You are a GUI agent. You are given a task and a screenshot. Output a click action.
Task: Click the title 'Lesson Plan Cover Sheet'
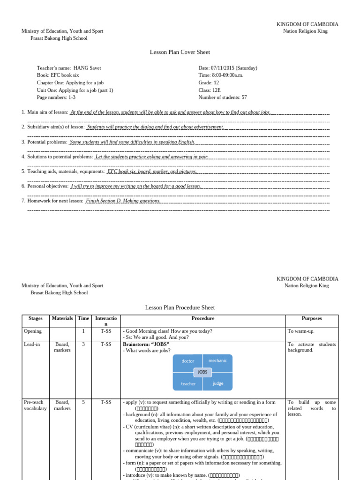[180, 52]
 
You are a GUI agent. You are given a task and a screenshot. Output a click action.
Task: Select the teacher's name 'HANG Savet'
[87, 68]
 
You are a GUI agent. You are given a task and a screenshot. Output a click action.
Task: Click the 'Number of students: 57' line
[223, 97]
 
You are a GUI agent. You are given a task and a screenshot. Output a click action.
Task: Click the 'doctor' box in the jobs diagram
[187, 361]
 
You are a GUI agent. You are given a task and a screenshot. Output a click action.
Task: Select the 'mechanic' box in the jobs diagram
[217, 360]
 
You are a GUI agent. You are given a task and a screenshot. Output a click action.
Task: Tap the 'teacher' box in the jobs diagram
[188, 384]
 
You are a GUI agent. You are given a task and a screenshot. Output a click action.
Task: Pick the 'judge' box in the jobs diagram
[218, 383]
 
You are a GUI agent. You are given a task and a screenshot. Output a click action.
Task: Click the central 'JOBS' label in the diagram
[202, 372]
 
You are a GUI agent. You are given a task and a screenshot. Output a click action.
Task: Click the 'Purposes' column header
[312, 318]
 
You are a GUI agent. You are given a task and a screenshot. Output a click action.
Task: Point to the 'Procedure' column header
[203, 318]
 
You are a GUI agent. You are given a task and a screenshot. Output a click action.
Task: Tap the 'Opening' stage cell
[33, 331]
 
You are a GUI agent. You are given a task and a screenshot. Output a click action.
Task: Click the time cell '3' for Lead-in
[83, 344]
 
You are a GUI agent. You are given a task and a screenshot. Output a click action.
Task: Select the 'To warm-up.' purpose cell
[301, 331]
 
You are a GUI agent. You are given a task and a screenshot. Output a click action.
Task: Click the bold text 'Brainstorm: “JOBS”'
[146, 344]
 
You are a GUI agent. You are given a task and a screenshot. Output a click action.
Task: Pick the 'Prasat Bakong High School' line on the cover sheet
[59, 38]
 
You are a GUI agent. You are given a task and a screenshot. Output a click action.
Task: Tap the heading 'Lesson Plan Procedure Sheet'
[180, 307]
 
